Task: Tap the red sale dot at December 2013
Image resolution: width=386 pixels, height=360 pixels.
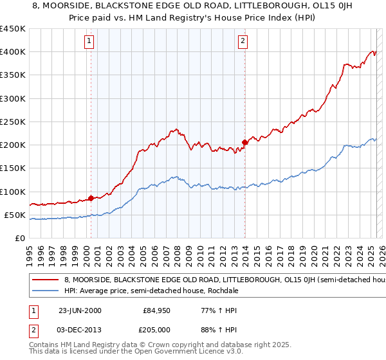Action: coord(245,142)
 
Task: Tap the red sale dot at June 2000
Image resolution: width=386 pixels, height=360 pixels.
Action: coord(91,198)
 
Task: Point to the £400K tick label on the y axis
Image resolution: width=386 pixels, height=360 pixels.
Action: coord(13,52)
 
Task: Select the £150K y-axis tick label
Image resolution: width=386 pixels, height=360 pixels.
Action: coord(13,168)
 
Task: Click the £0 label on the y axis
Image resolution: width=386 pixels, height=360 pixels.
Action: coord(20,239)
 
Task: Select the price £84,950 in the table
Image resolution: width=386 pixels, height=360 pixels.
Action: coord(157,310)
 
